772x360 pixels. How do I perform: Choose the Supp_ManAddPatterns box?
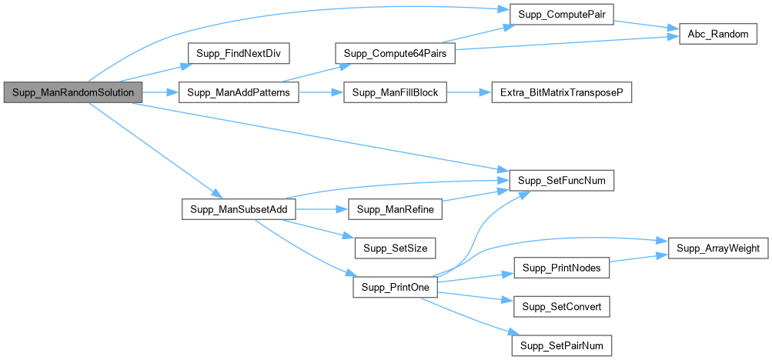click(238, 92)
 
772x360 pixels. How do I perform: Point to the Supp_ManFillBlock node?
click(395, 92)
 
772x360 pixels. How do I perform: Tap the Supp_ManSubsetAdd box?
click(238, 209)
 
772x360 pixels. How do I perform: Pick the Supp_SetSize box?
click(395, 248)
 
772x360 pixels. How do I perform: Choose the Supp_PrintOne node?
click(395, 287)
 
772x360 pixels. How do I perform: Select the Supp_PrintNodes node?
click(561, 267)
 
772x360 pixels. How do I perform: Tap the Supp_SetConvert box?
click(561, 306)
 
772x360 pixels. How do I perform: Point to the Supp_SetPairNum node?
click(561, 345)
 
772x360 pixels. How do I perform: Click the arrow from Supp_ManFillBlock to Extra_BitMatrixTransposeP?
click(466, 92)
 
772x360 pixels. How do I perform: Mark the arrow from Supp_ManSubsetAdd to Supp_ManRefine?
click(321, 209)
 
